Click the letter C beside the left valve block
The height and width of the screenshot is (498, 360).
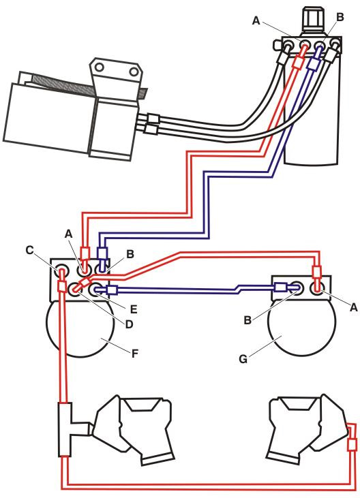[x=29, y=250]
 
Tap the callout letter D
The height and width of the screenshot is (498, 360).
[x=129, y=324]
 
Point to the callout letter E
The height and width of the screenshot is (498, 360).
[x=134, y=309]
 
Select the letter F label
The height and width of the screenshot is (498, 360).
[x=135, y=354]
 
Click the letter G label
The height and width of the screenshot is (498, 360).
[x=243, y=359]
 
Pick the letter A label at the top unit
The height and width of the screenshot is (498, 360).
[x=256, y=21]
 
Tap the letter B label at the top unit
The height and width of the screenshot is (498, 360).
[x=340, y=17]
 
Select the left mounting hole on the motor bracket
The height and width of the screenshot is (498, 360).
[x=100, y=67]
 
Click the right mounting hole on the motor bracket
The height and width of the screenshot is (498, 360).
[x=134, y=70]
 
